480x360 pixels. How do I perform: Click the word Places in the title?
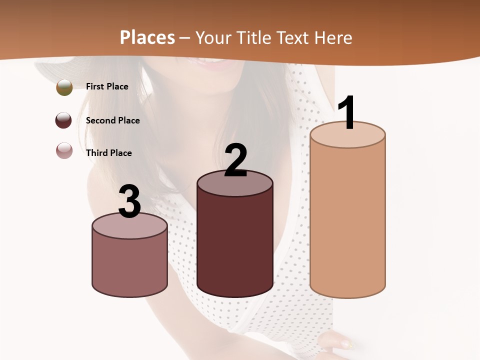(x=147, y=37)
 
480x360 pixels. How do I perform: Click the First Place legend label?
(x=107, y=86)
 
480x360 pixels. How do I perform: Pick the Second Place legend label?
(x=112, y=120)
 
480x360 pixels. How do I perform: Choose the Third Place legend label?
(x=108, y=153)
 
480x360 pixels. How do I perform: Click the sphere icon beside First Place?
(x=64, y=87)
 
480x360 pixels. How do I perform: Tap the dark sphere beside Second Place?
(x=63, y=120)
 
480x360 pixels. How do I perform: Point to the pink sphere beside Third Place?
(x=64, y=150)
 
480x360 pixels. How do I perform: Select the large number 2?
(x=235, y=160)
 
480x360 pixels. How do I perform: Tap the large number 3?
(x=129, y=201)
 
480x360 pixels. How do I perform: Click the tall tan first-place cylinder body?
(x=347, y=220)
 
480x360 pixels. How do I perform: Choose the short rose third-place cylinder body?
(x=129, y=265)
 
